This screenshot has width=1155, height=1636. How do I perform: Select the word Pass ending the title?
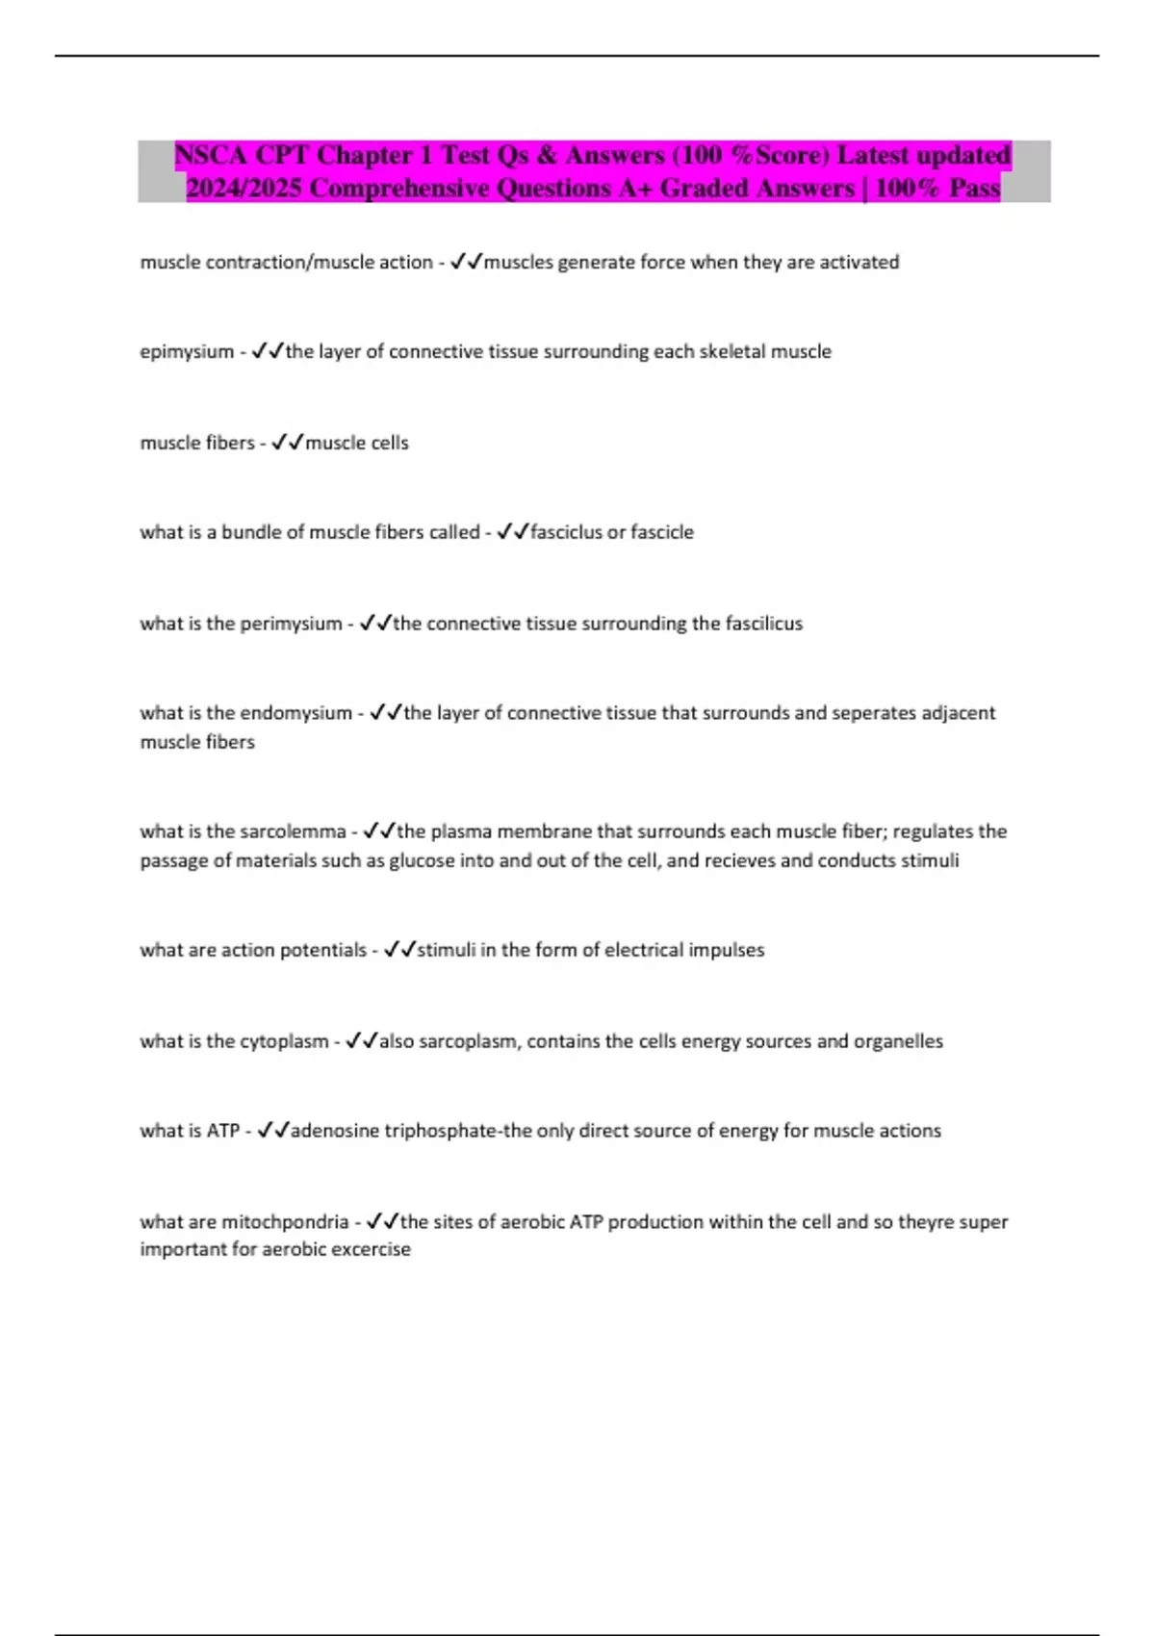(x=974, y=188)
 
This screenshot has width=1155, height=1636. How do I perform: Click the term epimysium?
(x=187, y=351)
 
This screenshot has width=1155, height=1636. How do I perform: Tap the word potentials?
(x=318, y=950)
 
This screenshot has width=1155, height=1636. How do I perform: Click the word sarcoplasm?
(x=468, y=1041)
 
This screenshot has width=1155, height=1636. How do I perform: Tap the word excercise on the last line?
(x=372, y=1249)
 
